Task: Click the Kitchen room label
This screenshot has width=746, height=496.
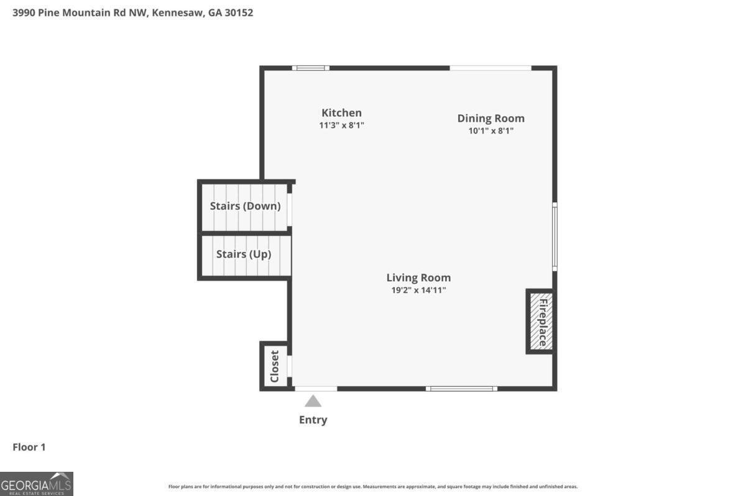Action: pos(341,112)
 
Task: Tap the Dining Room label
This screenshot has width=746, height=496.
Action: pos(490,118)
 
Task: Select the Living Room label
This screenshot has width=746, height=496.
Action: pos(418,277)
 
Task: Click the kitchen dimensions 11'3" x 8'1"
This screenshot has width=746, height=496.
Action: pos(341,125)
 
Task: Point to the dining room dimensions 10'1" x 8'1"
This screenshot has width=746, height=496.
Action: pos(490,131)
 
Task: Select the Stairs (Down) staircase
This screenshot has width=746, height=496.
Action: pos(245,206)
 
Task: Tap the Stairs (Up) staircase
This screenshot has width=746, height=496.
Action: pos(244,255)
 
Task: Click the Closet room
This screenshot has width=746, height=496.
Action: pos(274,366)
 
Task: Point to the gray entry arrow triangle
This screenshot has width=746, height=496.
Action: pos(313,401)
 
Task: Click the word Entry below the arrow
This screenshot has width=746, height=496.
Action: pos(313,420)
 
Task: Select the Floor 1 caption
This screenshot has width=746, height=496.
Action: pos(29,447)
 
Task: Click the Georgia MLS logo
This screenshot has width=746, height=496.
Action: pos(37,484)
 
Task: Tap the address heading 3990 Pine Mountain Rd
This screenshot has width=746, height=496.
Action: pos(133,12)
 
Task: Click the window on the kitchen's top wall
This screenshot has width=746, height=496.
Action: pos(311,68)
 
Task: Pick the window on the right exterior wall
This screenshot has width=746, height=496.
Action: pos(555,236)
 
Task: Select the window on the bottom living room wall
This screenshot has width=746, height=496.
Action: pos(461,389)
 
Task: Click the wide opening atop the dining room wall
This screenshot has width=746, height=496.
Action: pos(490,68)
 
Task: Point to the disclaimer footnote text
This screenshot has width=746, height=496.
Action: pos(373,487)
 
